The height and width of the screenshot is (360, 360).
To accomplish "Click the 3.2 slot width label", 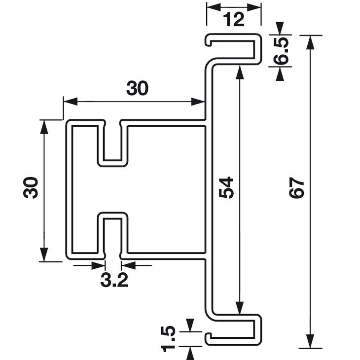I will pyautogui.click(x=114, y=281).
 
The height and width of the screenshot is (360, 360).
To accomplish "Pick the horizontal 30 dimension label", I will pyautogui.click(x=137, y=88).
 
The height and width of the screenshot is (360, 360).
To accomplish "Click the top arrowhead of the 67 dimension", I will pyautogui.click(x=310, y=41).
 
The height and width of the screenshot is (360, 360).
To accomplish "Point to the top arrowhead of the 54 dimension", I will pyautogui.click(x=240, y=72).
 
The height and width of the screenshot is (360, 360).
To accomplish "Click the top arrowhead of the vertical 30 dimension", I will pyautogui.click(x=44, y=126).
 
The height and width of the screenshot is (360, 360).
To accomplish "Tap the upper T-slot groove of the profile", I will pyautogui.click(x=113, y=143).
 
